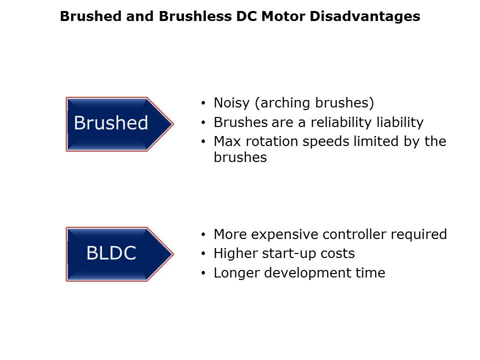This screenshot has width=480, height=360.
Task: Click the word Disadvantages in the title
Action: tap(365, 16)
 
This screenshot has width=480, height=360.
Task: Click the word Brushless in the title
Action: tap(195, 16)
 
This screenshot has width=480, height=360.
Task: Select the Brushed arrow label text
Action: tap(111, 123)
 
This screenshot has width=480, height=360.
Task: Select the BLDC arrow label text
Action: tap(111, 253)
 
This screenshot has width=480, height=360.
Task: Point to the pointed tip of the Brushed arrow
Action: tap(173, 124)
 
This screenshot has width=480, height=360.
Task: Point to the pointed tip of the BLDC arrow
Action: tap(173, 254)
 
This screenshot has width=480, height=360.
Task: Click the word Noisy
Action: tap(231, 103)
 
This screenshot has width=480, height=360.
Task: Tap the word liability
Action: tap(400, 122)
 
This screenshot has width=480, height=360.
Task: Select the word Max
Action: tap(227, 141)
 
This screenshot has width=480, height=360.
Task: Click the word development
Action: tap(307, 273)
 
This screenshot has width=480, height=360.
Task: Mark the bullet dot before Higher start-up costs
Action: tap(203, 254)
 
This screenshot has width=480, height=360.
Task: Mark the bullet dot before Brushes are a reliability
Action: tap(203, 123)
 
